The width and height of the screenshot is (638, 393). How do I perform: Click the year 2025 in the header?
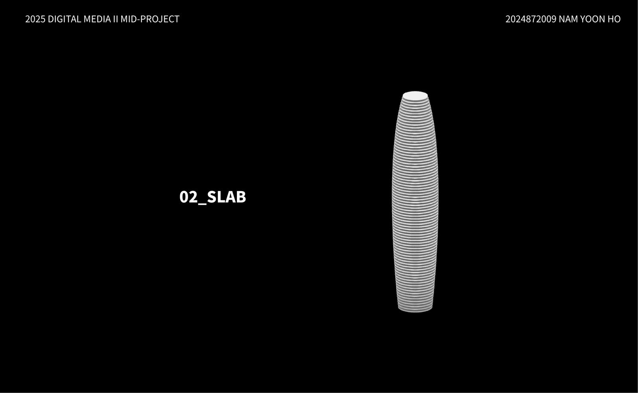35,19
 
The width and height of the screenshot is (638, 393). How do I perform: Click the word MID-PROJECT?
150,19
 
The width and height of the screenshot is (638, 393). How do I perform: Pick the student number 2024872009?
531,19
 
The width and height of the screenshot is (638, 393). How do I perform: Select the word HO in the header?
614,19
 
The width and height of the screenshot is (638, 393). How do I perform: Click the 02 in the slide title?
188,197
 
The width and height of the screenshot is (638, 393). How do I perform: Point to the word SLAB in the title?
226,197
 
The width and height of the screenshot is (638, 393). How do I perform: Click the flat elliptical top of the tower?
415,96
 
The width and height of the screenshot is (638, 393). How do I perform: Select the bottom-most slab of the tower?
415,310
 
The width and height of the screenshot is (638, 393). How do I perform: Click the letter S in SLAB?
211,197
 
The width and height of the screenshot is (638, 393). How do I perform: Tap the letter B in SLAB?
241,197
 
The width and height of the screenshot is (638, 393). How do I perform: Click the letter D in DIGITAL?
50,19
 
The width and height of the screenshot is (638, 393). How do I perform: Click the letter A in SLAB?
231,197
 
